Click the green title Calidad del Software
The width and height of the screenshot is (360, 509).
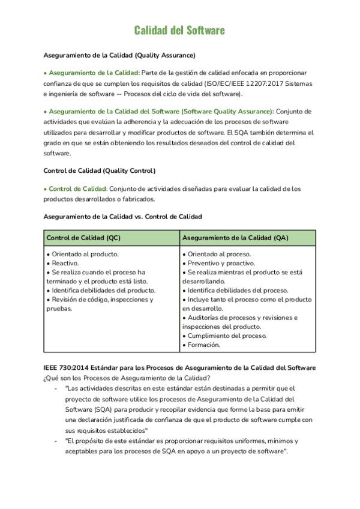pos(179,30)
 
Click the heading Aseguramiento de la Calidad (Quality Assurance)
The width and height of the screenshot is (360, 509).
pos(119,55)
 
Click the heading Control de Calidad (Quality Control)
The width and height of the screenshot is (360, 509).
pos(100,170)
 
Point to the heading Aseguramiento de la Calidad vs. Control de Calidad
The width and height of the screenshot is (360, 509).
pos(123,216)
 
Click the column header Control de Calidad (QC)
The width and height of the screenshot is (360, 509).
pos(83,238)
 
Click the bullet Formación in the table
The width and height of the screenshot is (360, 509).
pos(204,345)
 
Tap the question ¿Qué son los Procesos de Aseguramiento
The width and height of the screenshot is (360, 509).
pos(126,377)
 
